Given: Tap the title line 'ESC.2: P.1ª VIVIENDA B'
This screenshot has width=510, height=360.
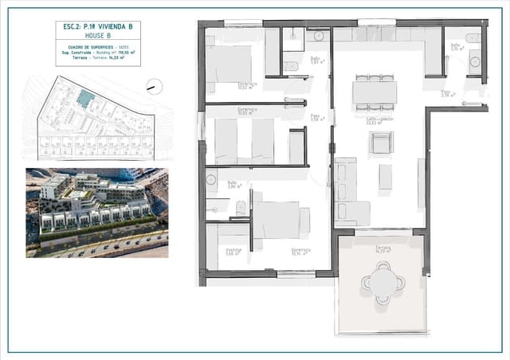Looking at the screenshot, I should (x=98, y=27).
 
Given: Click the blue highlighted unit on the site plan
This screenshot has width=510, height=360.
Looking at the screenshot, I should (x=85, y=98).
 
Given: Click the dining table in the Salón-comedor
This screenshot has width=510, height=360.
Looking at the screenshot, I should (x=375, y=92).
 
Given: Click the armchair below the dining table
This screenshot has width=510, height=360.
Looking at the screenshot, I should (x=380, y=143).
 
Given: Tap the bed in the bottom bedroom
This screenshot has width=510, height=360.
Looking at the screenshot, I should (x=278, y=219).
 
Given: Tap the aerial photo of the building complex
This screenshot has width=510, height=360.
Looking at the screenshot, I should (x=96, y=212).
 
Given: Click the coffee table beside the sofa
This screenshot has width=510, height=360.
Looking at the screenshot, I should (x=385, y=176).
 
